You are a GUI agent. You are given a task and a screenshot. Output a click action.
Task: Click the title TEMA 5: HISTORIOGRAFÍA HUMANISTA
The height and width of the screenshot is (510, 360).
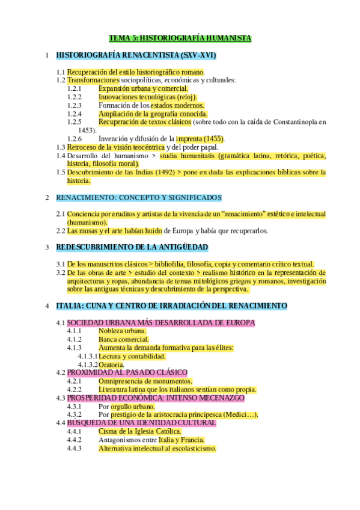180,38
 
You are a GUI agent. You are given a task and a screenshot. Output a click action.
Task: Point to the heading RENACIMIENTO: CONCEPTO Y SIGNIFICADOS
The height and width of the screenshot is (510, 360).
139,197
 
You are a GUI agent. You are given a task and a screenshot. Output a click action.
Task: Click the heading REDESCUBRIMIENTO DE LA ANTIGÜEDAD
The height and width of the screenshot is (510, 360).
132,247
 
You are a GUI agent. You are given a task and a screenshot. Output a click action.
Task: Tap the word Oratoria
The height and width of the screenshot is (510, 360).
112,364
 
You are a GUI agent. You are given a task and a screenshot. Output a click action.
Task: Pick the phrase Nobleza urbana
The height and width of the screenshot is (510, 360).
122,331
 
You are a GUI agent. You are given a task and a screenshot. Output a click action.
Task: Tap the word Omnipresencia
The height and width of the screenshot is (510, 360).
125,381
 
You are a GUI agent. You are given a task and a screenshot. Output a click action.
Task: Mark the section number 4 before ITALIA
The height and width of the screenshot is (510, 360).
47,306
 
